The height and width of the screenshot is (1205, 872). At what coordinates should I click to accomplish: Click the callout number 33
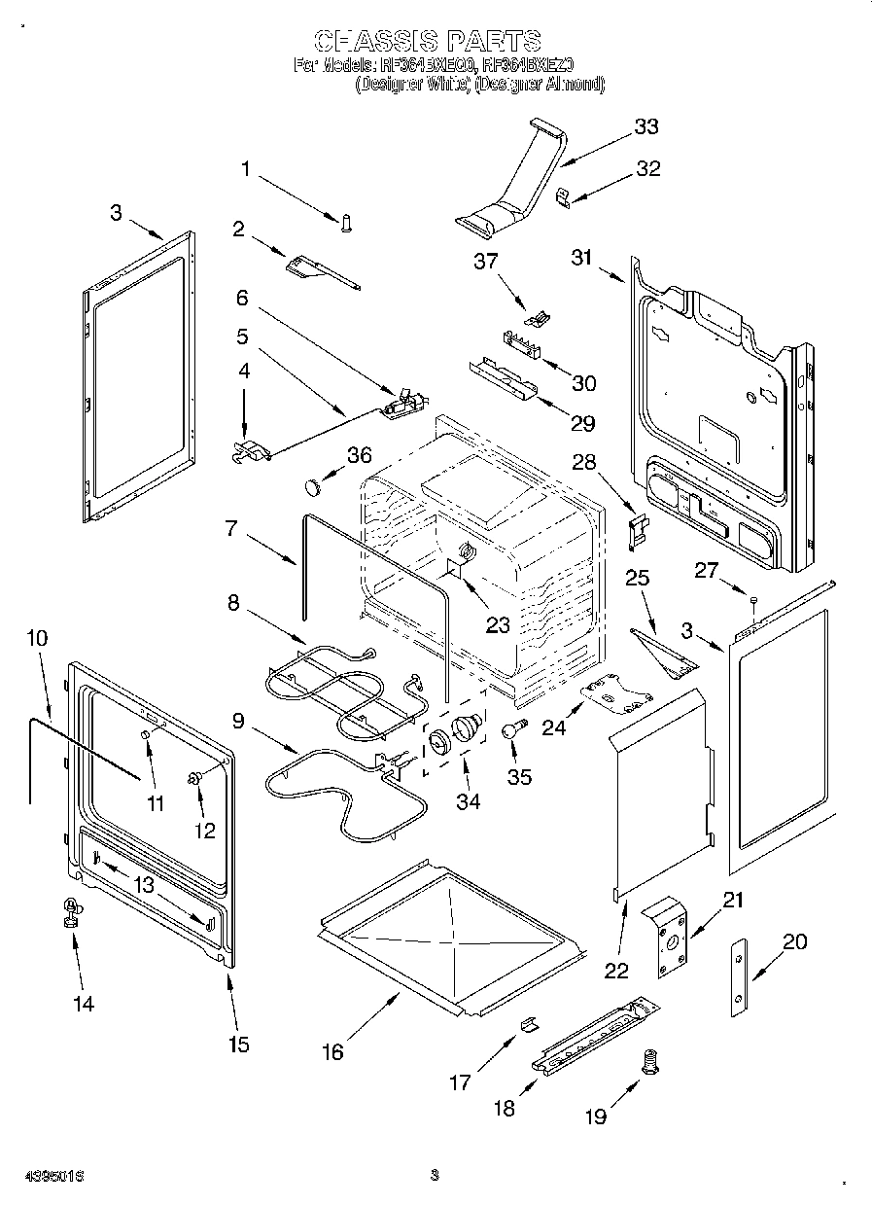click(645, 126)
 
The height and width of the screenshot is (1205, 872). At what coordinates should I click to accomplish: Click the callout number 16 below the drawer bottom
click(332, 1052)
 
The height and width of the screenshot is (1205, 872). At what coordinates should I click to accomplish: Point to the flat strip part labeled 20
click(741, 978)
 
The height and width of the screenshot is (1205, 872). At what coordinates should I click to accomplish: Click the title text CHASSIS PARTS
click(428, 41)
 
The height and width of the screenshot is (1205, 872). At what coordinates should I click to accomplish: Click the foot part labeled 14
click(72, 913)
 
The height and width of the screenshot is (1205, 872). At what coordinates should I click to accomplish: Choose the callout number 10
click(37, 638)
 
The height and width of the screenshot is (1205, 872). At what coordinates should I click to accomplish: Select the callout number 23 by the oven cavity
click(498, 625)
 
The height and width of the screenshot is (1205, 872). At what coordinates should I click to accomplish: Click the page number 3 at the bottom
click(435, 1175)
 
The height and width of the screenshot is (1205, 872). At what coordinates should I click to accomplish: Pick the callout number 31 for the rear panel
click(581, 257)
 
